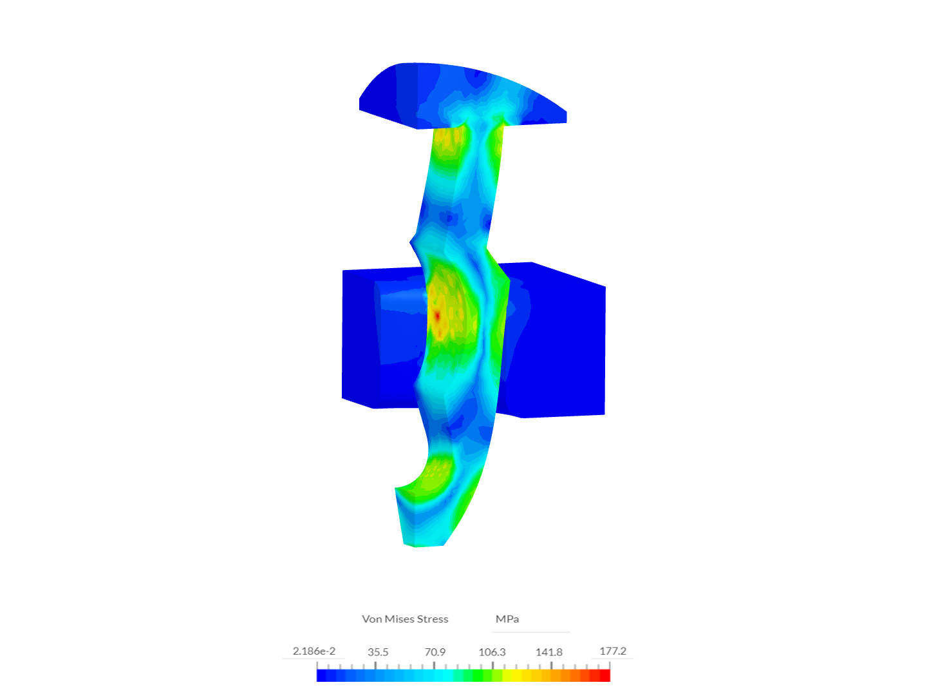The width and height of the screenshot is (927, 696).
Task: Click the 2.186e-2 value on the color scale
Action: (x=314, y=651)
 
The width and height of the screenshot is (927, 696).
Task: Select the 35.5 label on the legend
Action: (x=378, y=652)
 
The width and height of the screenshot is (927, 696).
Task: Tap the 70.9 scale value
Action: (x=435, y=652)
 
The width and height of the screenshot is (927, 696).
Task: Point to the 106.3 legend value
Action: (x=492, y=652)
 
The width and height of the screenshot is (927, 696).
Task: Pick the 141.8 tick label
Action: (x=548, y=652)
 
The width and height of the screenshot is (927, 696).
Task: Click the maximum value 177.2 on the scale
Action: (x=612, y=651)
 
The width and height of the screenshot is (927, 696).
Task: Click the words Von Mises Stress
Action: (x=405, y=619)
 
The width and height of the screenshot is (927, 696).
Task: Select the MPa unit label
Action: (x=507, y=619)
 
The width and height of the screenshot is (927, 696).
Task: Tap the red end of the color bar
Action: (x=605, y=675)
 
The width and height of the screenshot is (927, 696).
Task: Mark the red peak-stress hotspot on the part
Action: (x=436, y=316)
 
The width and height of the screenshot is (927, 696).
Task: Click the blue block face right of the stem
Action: (x=560, y=342)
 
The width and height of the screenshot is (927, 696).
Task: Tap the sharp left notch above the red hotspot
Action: (x=412, y=242)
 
